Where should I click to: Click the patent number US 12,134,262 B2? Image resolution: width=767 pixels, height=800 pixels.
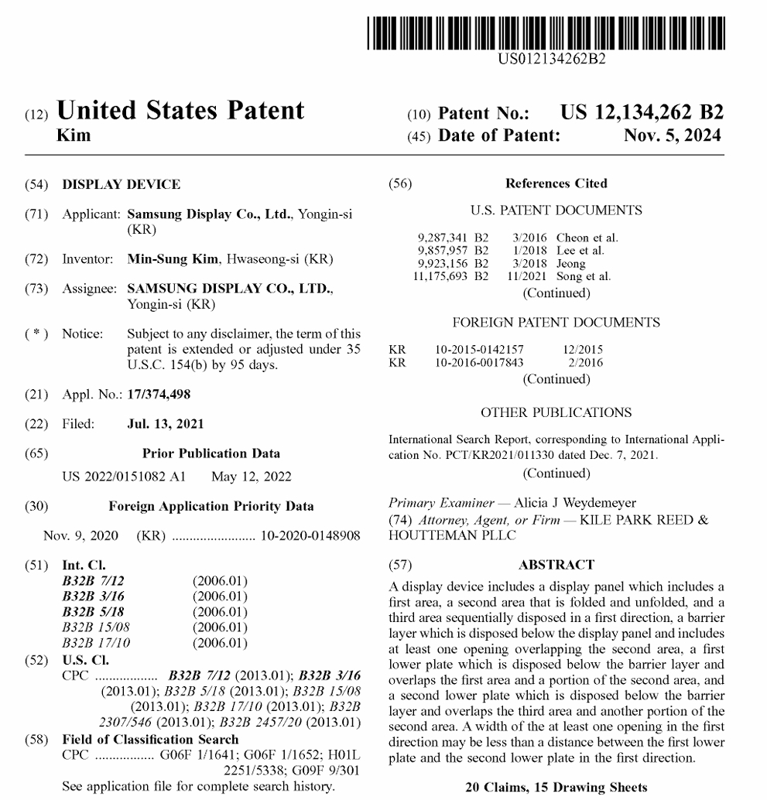(x=642, y=113)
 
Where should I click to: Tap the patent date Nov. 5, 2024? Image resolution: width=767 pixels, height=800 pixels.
(x=672, y=135)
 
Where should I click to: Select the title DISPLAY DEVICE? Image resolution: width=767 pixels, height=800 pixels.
(x=122, y=184)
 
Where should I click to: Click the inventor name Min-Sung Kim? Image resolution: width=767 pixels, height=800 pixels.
(x=171, y=259)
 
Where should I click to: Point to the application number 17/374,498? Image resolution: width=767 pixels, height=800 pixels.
(x=159, y=395)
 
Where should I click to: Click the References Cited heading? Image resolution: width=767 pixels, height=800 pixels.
(x=556, y=183)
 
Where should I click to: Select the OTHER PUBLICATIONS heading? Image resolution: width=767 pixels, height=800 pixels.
(x=556, y=412)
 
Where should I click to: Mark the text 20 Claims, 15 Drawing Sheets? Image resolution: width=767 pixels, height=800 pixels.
(x=556, y=788)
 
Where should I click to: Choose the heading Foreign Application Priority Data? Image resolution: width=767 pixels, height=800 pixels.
(x=211, y=506)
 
